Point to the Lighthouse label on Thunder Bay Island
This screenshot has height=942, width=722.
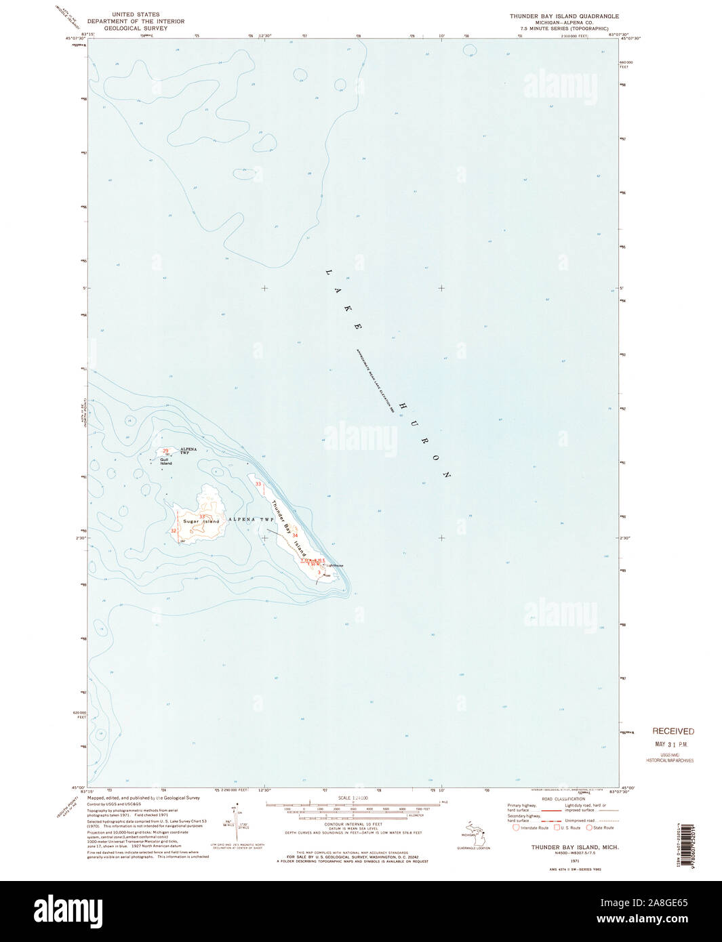335,565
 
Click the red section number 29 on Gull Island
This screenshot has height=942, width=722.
165,451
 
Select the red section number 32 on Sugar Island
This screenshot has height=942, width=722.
174,531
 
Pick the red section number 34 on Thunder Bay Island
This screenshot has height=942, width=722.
295,536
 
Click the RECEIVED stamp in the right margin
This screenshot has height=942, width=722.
673,731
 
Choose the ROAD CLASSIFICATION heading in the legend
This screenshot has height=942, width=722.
561,800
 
